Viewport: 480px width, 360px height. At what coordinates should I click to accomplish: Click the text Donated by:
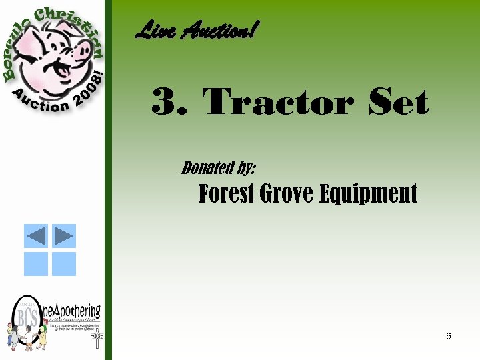coord(218,167)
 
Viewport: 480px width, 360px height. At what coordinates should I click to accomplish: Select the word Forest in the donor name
coord(226,194)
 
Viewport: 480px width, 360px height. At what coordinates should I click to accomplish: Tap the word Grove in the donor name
coord(287,194)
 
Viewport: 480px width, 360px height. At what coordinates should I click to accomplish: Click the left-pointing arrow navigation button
coord(36,236)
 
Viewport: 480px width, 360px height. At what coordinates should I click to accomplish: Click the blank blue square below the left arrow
coord(36,264)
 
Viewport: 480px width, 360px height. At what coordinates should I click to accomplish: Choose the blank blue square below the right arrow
coord(64,264)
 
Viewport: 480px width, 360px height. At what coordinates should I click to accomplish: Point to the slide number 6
coord(449,336)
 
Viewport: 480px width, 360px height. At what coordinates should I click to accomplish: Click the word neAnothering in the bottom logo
coord(73,311)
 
